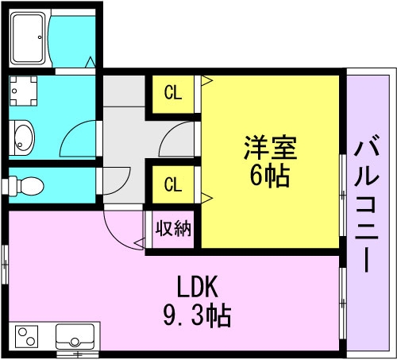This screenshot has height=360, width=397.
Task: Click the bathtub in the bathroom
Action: (x=28, y=38)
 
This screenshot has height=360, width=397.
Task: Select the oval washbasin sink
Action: (x=24, y=137)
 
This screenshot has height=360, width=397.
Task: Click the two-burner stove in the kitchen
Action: (x=26, y=336)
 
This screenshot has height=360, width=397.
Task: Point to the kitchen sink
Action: (x=75, y=337)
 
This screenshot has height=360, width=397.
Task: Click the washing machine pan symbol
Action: (x=23, y=91)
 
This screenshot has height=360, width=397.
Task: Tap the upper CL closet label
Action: (x=173, y=93)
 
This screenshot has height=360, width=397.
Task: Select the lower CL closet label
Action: (x=173, y=184)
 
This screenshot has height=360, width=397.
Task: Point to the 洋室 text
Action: (x=270, y=148)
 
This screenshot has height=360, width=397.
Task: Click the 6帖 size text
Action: (x=270, y=176)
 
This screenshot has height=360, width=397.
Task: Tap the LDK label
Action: (x=198, y=287)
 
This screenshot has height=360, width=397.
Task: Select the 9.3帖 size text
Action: (x=197, y=315)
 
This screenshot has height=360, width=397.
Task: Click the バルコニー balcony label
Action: (x=366, y=204)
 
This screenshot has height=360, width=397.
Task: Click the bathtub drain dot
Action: (x=40, y=37)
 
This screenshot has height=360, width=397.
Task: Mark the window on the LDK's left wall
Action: (x=5, y=265)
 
